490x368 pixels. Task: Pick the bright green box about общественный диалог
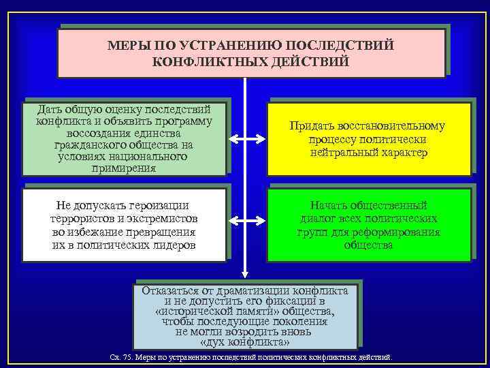(367, 224)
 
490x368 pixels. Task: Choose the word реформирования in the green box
(397, 232)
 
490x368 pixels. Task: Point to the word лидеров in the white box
(172, 244)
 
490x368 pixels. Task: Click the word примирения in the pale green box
(123, 168)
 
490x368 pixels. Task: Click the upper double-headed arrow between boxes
(245, 140)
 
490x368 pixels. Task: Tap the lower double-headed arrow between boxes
(245, 220)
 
